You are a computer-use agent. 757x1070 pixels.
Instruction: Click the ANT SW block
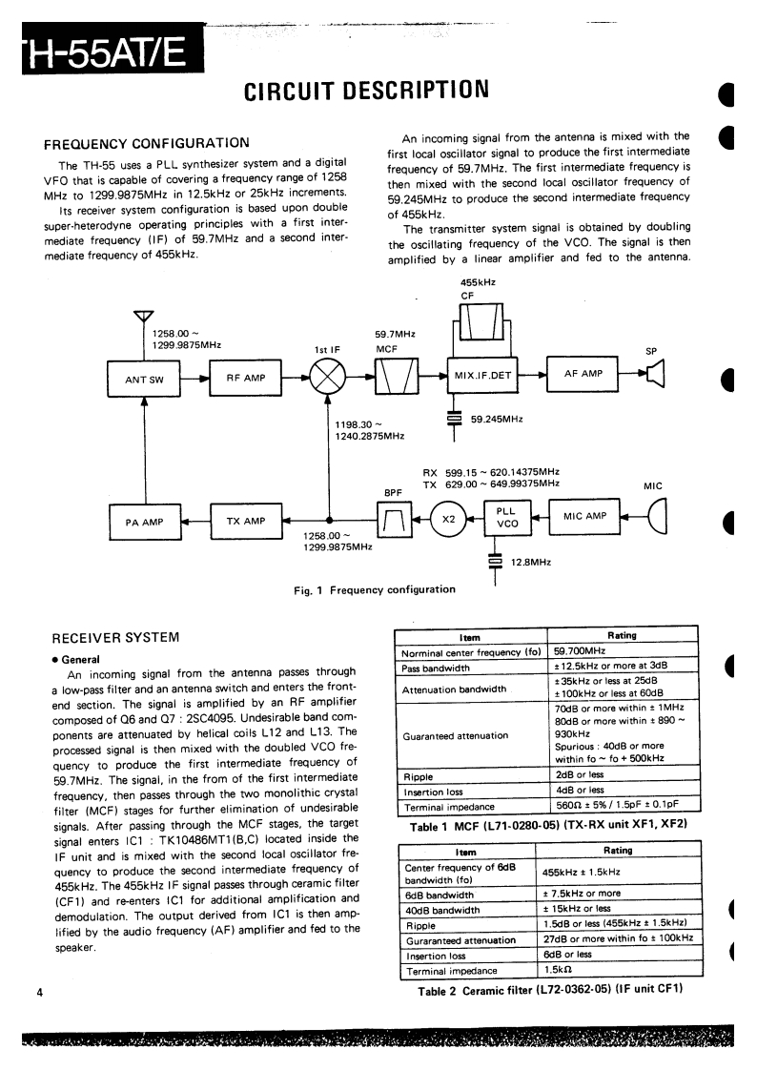tap(145, 380)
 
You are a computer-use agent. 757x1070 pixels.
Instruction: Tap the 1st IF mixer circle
tap(328, 379)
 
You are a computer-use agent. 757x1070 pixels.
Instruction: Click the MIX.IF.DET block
tap(483, 375)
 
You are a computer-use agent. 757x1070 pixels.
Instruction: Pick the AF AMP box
tap(583, 374)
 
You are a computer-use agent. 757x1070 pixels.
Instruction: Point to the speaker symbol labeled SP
tap(654, 375)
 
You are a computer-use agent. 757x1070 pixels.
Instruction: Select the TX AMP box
tap(246, 521)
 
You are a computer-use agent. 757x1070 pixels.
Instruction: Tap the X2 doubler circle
tap(449, 519)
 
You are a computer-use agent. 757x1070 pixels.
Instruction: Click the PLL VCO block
tap(507, 518)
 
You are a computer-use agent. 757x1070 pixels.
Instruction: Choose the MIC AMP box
tap(584, 516)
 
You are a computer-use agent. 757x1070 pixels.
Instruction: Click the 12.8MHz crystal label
tap(531, 563)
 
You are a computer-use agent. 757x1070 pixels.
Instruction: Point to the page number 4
tap(39, 993)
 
